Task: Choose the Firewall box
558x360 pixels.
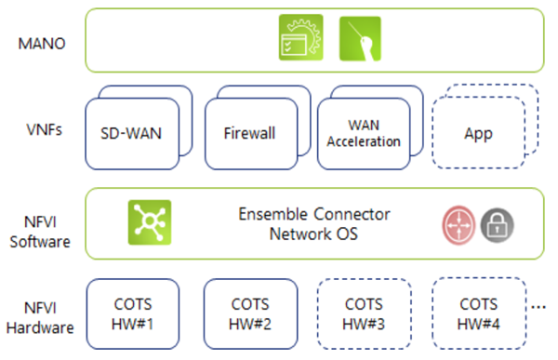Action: coord(248,134)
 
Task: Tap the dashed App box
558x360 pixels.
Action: coord(478,134)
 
